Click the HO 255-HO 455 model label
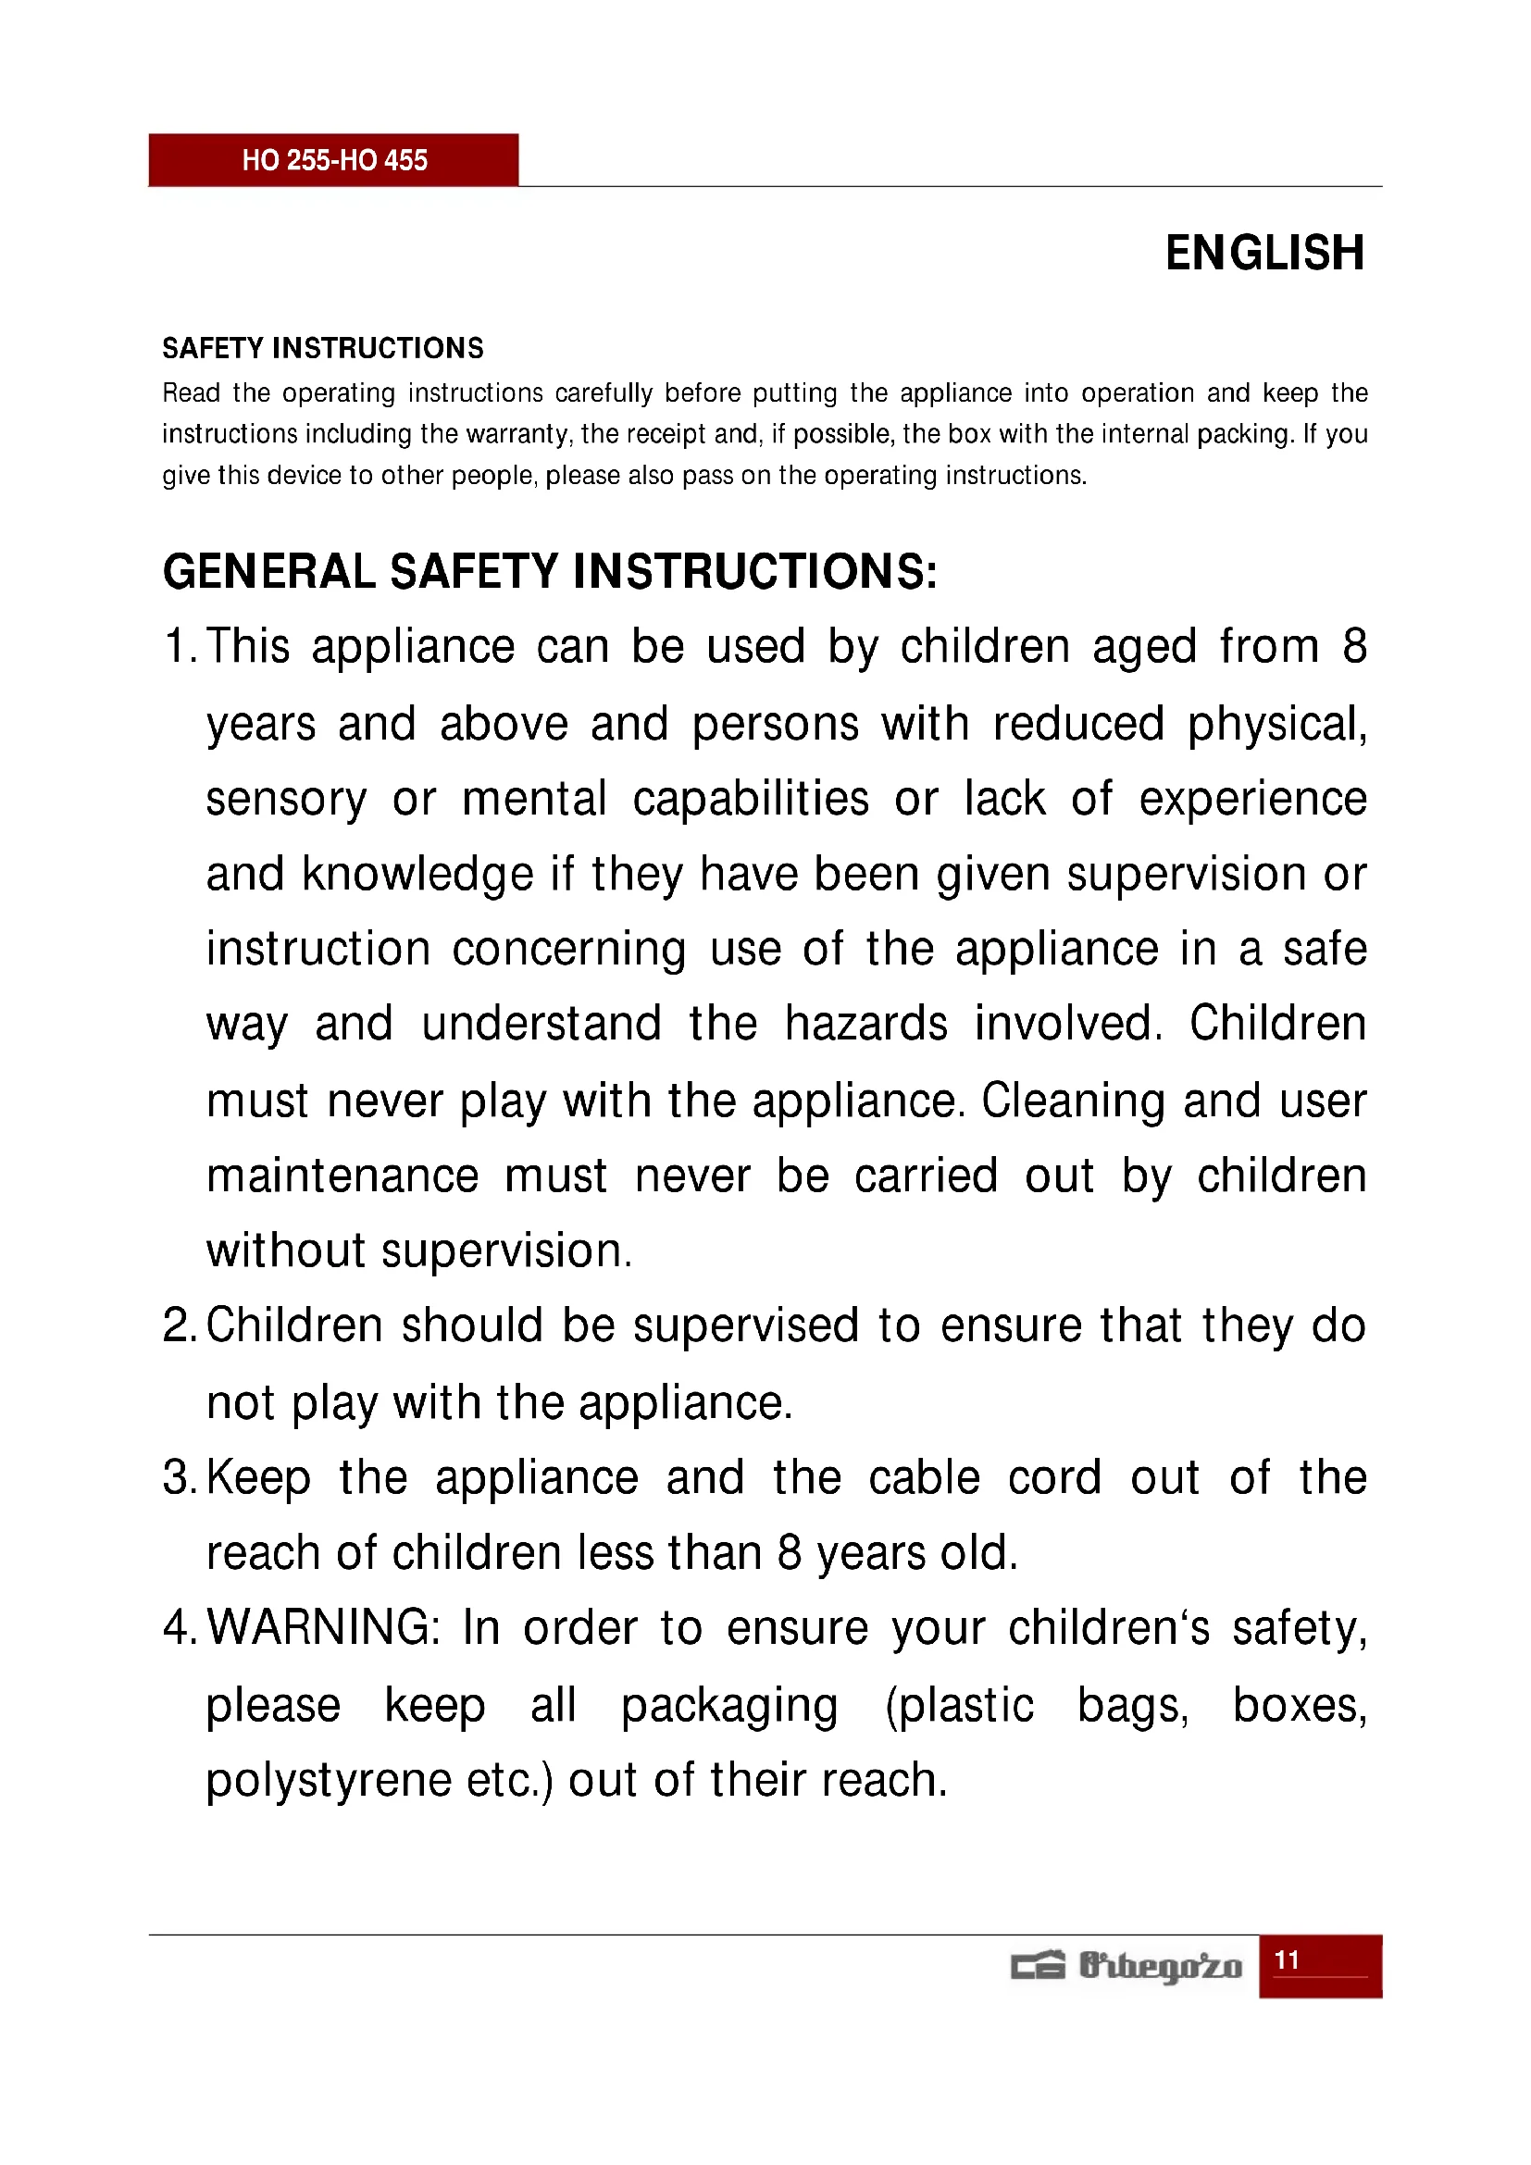tap(334, 160)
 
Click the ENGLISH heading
tap(1264, 253)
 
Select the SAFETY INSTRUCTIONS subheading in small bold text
tap(322, 348)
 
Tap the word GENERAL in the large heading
tap(269, 571)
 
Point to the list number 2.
tap(176, 1325)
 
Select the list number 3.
tap(176, 1477)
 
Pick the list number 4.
tap(176, 1628)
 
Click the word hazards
tap(865, 1024)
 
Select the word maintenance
tap(342, 1176)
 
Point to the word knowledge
tap(417, 874)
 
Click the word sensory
tap(286, 800)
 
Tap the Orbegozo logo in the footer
tap(1126, 1966)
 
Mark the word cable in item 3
tap(924, 1477)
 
